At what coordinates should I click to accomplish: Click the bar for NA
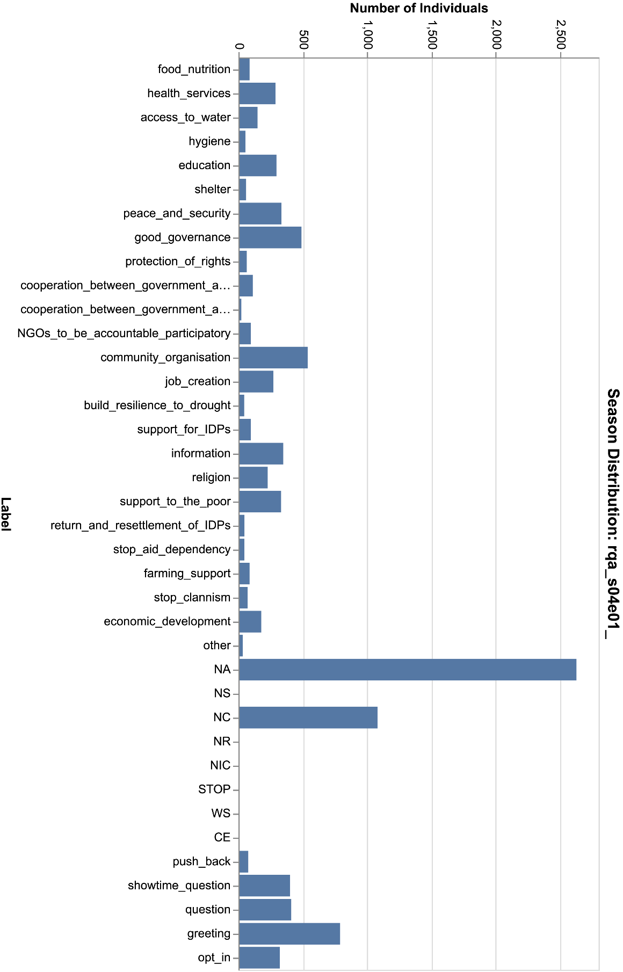coord(408,670)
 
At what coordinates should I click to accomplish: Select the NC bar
coord(308,717)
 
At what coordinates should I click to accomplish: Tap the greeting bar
coord(289,934)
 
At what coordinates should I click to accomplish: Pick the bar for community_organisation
coord(273,358)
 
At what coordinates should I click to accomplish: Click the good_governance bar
coord(270,237)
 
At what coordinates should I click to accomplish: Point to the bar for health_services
coord(257,93)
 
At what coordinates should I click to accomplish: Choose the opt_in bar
coord(259,958)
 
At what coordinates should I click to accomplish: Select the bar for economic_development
coord(250,622)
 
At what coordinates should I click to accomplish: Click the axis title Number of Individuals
coord(419,8)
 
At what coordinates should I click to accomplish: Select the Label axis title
coord(6,514)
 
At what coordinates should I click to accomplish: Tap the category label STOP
coord(214,789)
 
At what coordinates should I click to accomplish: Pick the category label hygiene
coord(209,141)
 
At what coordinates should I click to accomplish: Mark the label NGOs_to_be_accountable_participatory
coord(124,333)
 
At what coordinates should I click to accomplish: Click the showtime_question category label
coord(179,886)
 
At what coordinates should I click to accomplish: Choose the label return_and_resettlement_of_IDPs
coord(141,525)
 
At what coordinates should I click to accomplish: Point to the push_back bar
coord(244,862)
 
